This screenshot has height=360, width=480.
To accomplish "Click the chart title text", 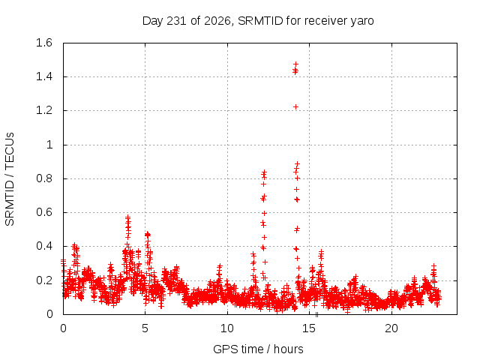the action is (258, 21).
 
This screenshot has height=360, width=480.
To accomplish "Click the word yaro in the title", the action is (362, 22).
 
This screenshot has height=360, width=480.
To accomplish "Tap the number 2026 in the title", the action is (217, 21).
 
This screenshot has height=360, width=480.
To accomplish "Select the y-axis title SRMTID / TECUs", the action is (10, 179).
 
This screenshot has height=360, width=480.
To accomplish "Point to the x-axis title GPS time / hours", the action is (258, 349).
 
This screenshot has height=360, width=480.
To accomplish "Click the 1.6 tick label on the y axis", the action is (44, 43).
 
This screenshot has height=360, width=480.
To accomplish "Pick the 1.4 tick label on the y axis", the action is (44, 76).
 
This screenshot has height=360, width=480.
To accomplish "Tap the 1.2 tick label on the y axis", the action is (44, 110).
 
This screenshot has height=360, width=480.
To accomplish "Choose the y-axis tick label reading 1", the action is (49, 145).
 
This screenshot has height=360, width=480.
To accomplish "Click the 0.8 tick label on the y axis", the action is (44, 178).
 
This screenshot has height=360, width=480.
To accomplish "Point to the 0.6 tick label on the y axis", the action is (44, 212).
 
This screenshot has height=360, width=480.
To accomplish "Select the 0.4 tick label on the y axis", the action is (44, 246).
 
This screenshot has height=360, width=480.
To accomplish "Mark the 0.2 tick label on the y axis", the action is (44, 280).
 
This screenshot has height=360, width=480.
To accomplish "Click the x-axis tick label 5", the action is (145, 328).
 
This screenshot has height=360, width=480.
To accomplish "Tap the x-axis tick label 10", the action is (227, 328).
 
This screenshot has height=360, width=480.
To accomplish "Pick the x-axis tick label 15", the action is (309, 328).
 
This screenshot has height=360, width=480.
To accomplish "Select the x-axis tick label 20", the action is (391, 328).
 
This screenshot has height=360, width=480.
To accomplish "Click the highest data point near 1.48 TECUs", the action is (295, 64).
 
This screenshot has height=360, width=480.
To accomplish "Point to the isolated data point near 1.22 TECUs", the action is (295, 106).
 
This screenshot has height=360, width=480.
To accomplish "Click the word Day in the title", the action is (153, 22).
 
